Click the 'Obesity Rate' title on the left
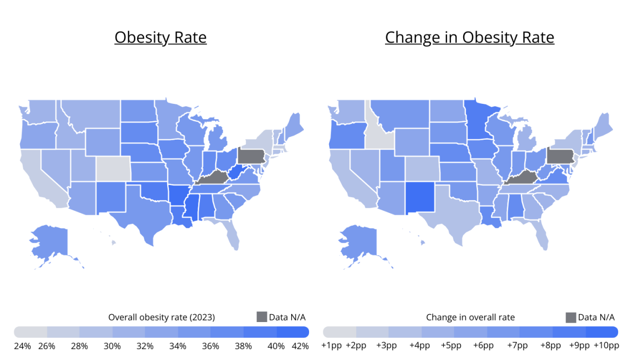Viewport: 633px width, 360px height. tap(160, 37)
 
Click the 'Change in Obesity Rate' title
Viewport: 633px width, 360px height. tap(469, 37)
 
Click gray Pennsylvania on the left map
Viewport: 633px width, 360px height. tap(251, 155)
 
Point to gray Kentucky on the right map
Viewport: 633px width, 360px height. tap(522, 178)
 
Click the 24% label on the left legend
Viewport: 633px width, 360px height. tap(22, 346)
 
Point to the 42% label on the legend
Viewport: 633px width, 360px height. tap(300, 346)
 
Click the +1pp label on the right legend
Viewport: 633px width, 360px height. tap(332, 346)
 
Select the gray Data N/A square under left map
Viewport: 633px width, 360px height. tap(262, 317)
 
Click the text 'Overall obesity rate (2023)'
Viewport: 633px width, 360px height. tap(161, 317)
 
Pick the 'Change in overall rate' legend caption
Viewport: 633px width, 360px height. tap(471, 317)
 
